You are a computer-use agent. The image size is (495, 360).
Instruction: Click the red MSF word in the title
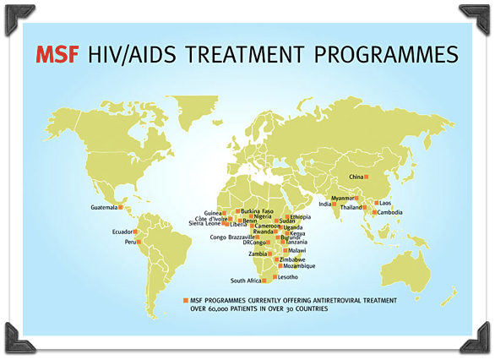click(x=57, y=54)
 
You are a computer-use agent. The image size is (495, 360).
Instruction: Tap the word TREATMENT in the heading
click(x=245, y=54)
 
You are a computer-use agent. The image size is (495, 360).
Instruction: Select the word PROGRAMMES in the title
click(x=386, y=54)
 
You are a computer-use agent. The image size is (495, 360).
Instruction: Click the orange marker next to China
click(x=367, y=177)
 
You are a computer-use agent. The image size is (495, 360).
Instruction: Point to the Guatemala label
click(x=104, y=208)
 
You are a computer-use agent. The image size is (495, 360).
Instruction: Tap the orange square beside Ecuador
click(x=135, y=232)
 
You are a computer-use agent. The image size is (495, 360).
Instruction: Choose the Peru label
click(x=130, y=243)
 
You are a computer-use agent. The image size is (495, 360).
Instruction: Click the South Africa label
click(x=246, y=281)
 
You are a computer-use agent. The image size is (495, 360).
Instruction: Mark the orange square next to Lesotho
click(x=275, y=277)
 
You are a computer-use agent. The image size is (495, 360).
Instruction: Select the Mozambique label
click(x=299, y=266)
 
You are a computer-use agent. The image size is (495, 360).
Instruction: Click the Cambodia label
click(x=390, y=212)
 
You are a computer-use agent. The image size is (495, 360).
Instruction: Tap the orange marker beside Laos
click(x=377, y=203)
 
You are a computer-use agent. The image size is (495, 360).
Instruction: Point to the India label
click(x=325, y=204)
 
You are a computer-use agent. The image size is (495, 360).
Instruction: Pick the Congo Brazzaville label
click(x=232, y=237)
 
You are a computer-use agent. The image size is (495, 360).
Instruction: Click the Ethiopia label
click(x=301, y=217)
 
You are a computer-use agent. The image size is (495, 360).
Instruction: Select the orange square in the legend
click(x=186, y=300)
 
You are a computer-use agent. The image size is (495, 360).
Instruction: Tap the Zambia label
click(x=258, y=254)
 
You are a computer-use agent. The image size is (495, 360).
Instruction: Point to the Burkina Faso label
click(x=258, y=211)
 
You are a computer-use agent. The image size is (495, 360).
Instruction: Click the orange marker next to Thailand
click(x=365, y=208)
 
